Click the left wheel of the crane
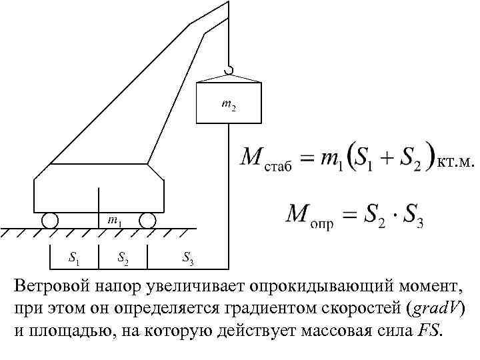[49, 220]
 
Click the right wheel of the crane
[147, 220]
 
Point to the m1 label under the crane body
[114, 219]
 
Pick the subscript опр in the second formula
[322, 223]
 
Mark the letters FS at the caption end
[428, 331]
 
